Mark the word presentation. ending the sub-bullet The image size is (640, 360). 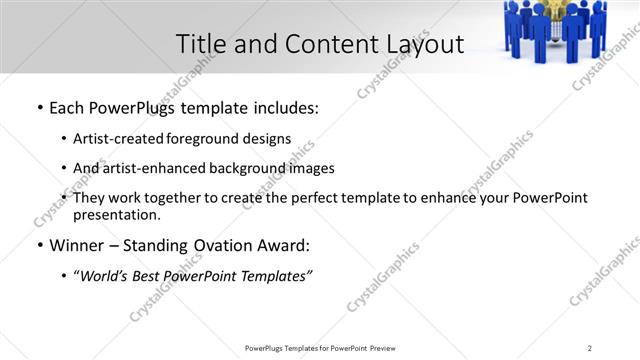coord(116,214)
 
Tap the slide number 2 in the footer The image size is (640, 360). coord(591,347)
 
